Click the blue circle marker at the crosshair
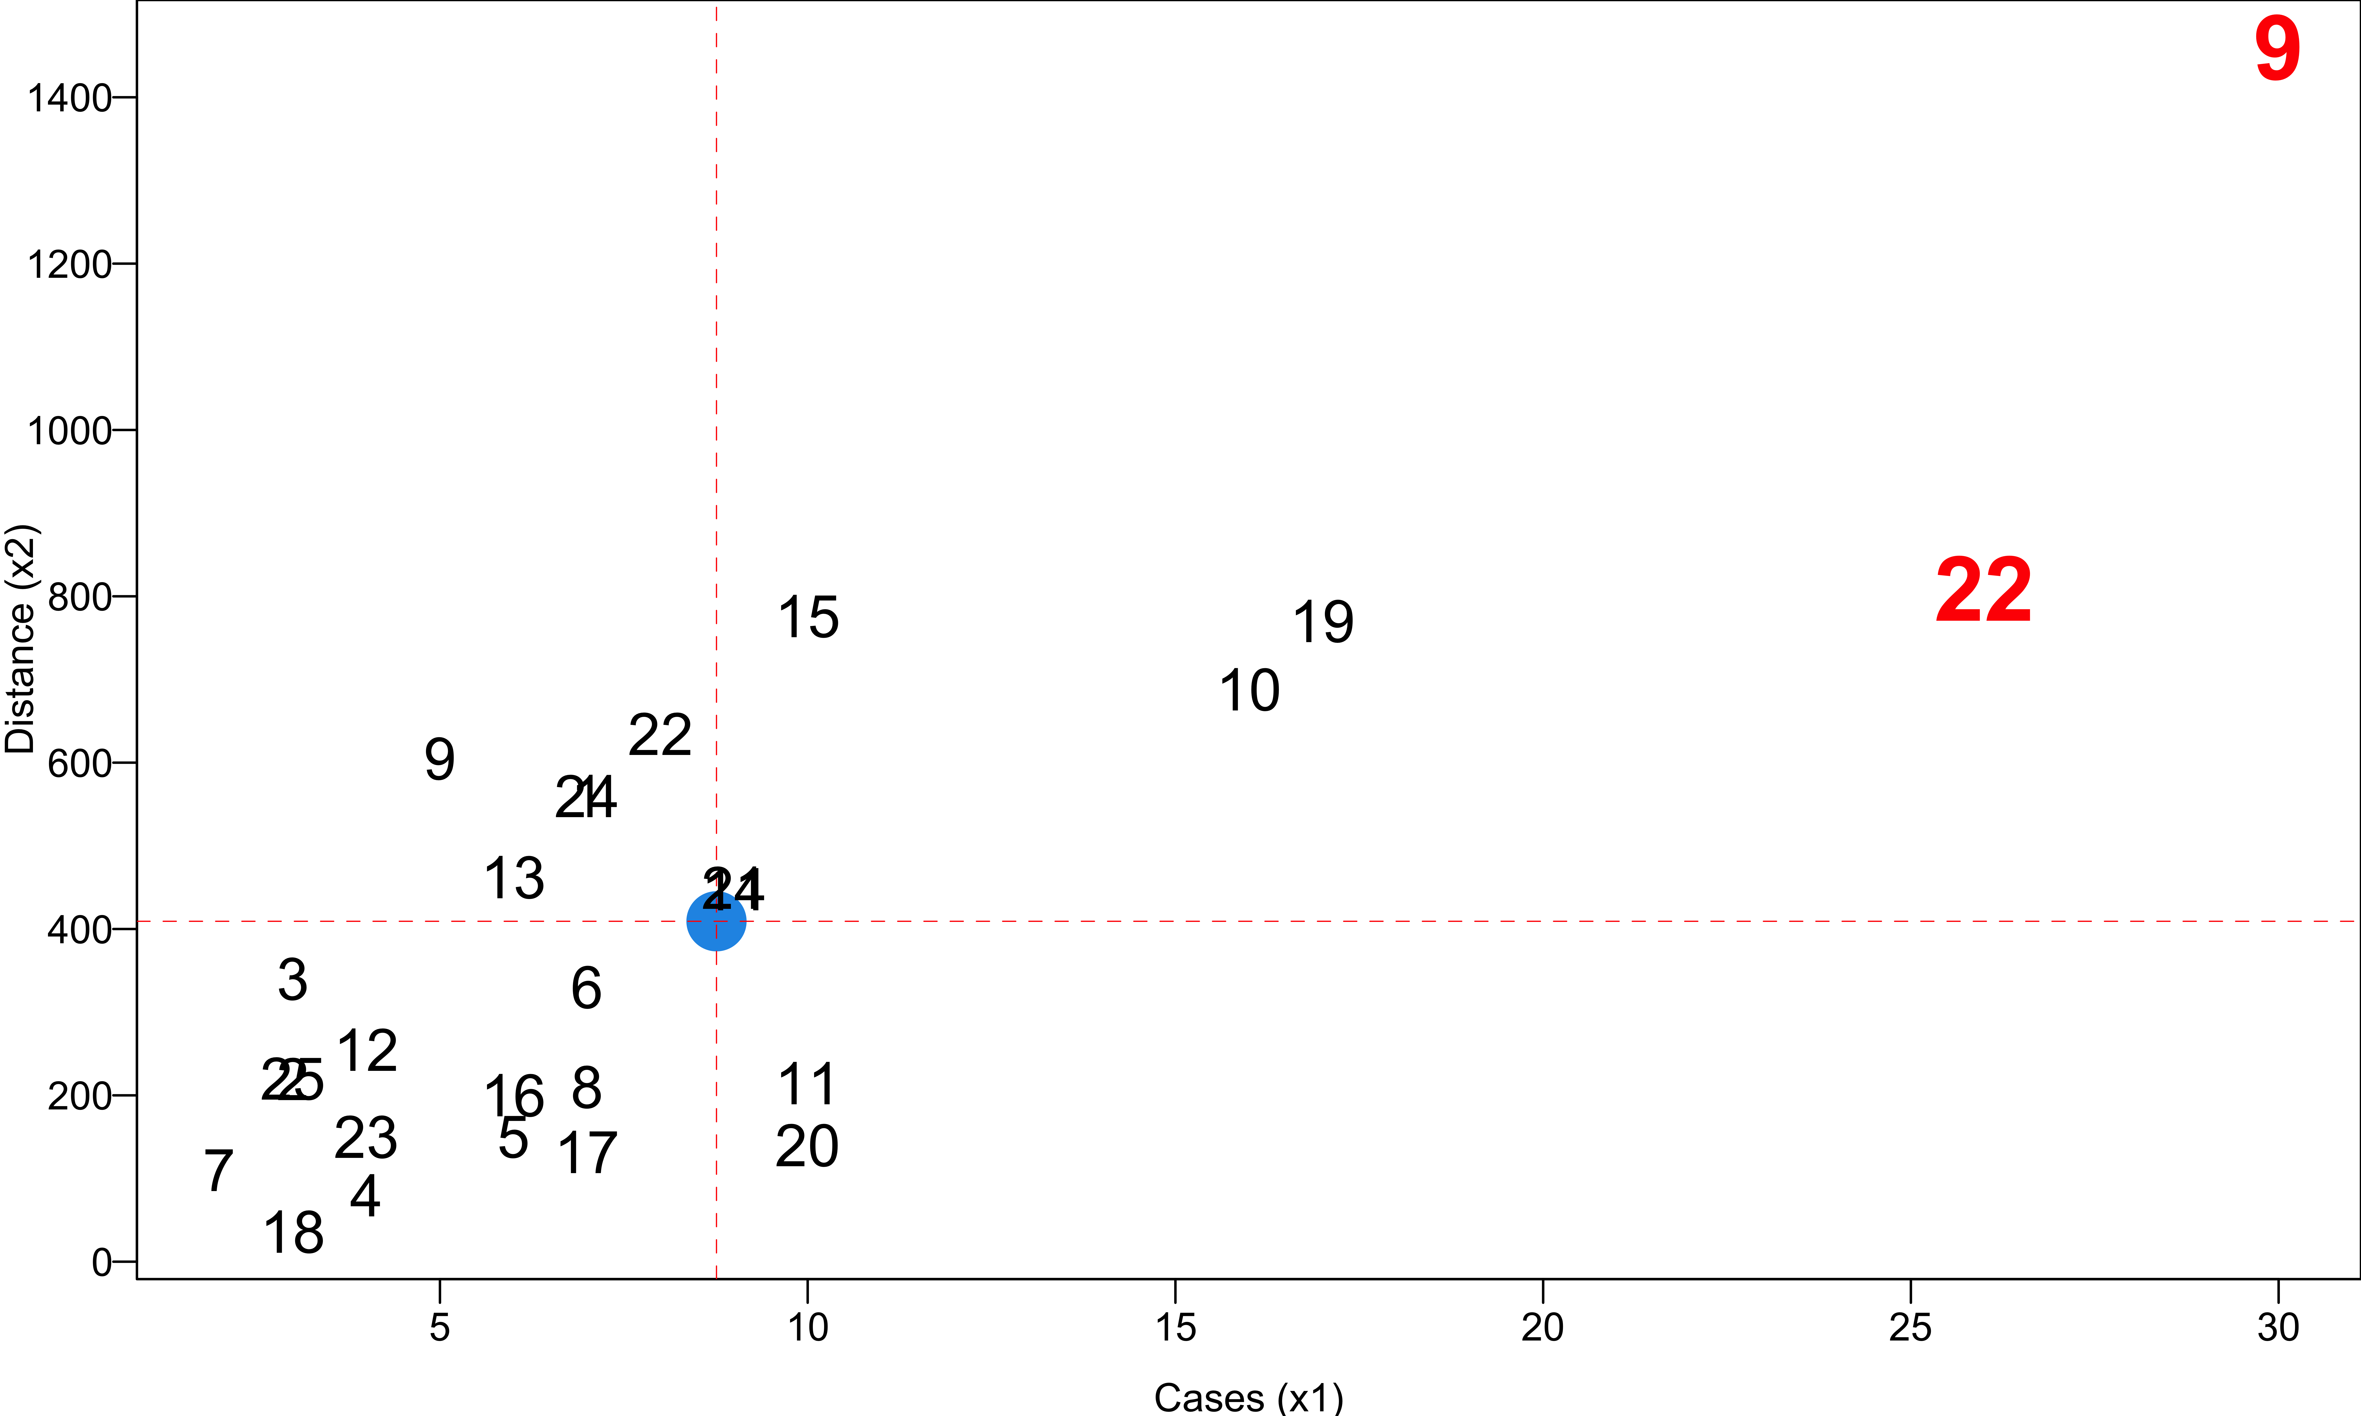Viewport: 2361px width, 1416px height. [716, 921]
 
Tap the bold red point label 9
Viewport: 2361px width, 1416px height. [2277, 50]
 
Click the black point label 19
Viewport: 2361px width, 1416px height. [1323, 623]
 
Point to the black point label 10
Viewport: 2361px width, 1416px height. [1249, 691]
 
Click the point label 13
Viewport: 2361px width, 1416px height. [515, 878]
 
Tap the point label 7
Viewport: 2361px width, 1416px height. [219, 1171]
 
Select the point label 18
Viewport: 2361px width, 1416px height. [294, 1233]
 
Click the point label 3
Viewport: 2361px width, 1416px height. [293, 980]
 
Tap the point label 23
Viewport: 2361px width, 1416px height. [365, 1137]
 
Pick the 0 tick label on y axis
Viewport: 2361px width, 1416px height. [102, 1262]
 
